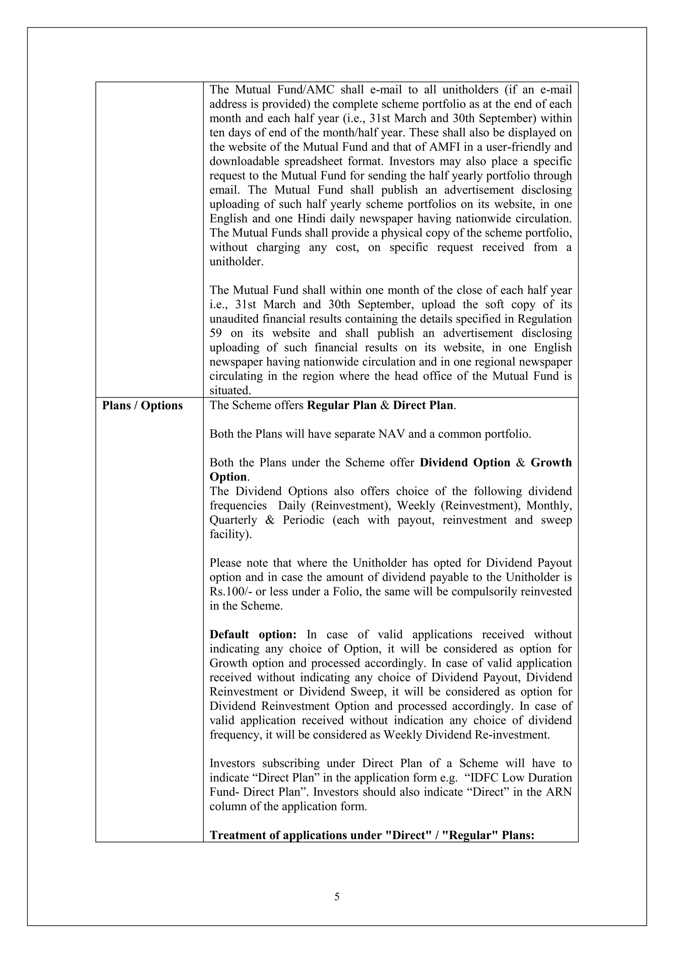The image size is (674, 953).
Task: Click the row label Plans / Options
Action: (x=143, y=406)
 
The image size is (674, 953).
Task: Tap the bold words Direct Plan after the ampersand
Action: (x=423, y=406)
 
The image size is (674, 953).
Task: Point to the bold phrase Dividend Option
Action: (x=465, y=463)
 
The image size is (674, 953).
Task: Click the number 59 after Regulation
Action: (x=216, y=333)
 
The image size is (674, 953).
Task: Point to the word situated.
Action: (x=230, y=390)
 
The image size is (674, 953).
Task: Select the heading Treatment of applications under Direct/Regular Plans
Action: (x=372, y=835)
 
